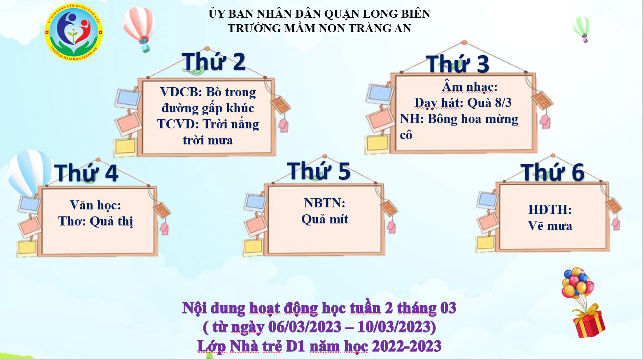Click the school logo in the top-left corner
74,32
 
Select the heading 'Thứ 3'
457,64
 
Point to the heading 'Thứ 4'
86,173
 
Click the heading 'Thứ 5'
319,171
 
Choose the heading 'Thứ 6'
552,172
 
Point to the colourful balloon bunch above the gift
578,283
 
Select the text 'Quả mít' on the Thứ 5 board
325,220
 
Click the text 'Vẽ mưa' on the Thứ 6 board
550,226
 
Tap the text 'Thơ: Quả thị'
96,222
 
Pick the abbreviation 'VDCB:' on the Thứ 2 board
181,92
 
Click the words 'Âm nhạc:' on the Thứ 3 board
470,87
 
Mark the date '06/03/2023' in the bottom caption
305,327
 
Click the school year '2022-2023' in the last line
406,346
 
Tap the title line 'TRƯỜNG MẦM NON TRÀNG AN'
319,28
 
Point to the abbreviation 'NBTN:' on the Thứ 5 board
325,203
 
